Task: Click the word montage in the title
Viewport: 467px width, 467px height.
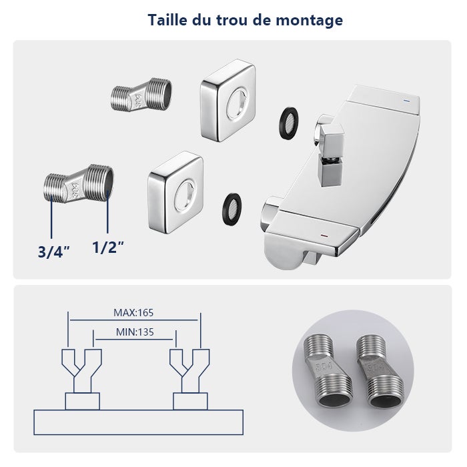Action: point(309,20)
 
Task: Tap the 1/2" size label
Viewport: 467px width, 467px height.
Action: point(108,247)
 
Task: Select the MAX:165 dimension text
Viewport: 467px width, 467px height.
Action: point(133,312)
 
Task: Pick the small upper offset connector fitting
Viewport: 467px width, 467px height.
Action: point(140,97)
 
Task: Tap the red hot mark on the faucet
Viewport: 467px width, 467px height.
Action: point(324,236)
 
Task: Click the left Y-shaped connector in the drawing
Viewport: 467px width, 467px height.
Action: point(82,370)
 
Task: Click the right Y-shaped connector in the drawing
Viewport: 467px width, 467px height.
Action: point(189,370)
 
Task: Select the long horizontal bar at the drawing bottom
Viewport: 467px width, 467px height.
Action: point(138,422)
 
